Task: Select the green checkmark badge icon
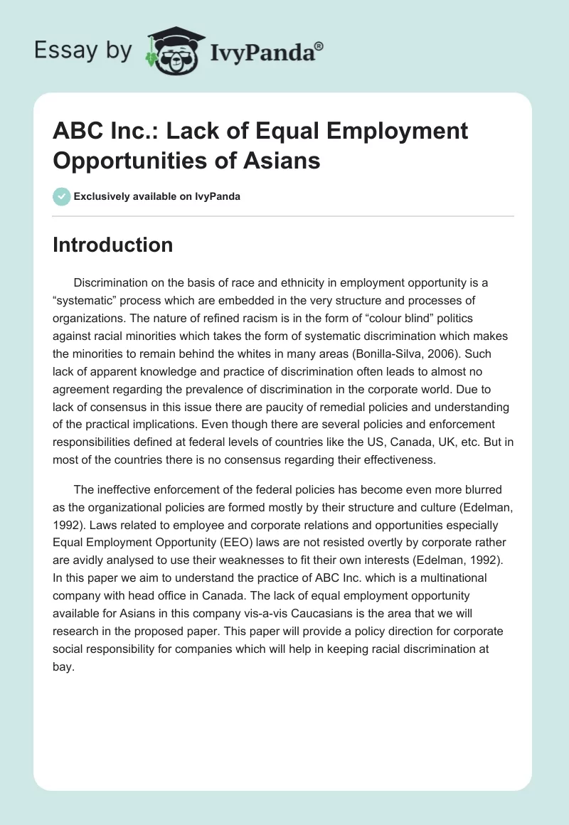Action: tap(62, 196)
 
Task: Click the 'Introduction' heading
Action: tap(113, 245)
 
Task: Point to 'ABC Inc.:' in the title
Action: tap(98, 131)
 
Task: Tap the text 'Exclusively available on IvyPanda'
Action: tap(157, 196)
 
